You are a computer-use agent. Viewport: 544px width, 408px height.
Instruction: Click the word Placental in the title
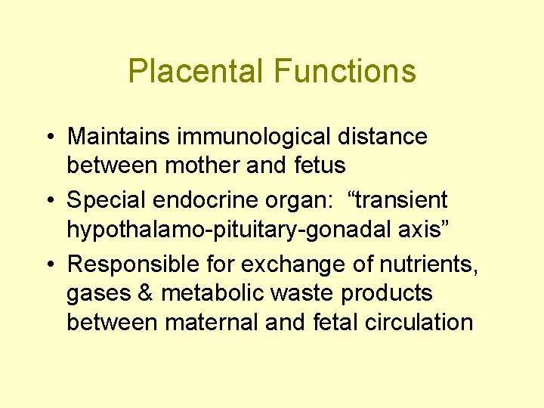196,71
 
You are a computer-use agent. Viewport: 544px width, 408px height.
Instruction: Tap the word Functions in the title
345,71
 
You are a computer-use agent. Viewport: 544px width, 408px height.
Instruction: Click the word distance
387,137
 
